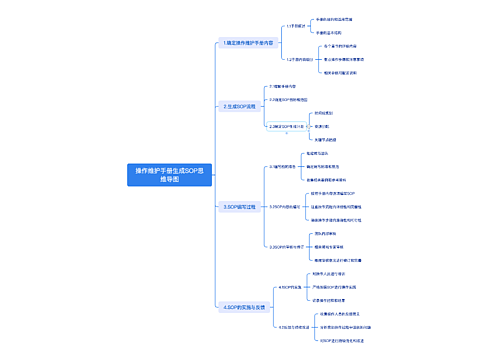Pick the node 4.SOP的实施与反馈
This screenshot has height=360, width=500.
coord(246,308)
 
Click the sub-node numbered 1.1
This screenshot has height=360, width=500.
coord(296,27)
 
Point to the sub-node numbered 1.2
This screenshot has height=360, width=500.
coord(301,59)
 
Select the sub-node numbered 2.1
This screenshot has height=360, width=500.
coord(289,87)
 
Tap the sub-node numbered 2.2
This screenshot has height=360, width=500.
coord(294,101)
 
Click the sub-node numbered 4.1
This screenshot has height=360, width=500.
coord(291,286)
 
